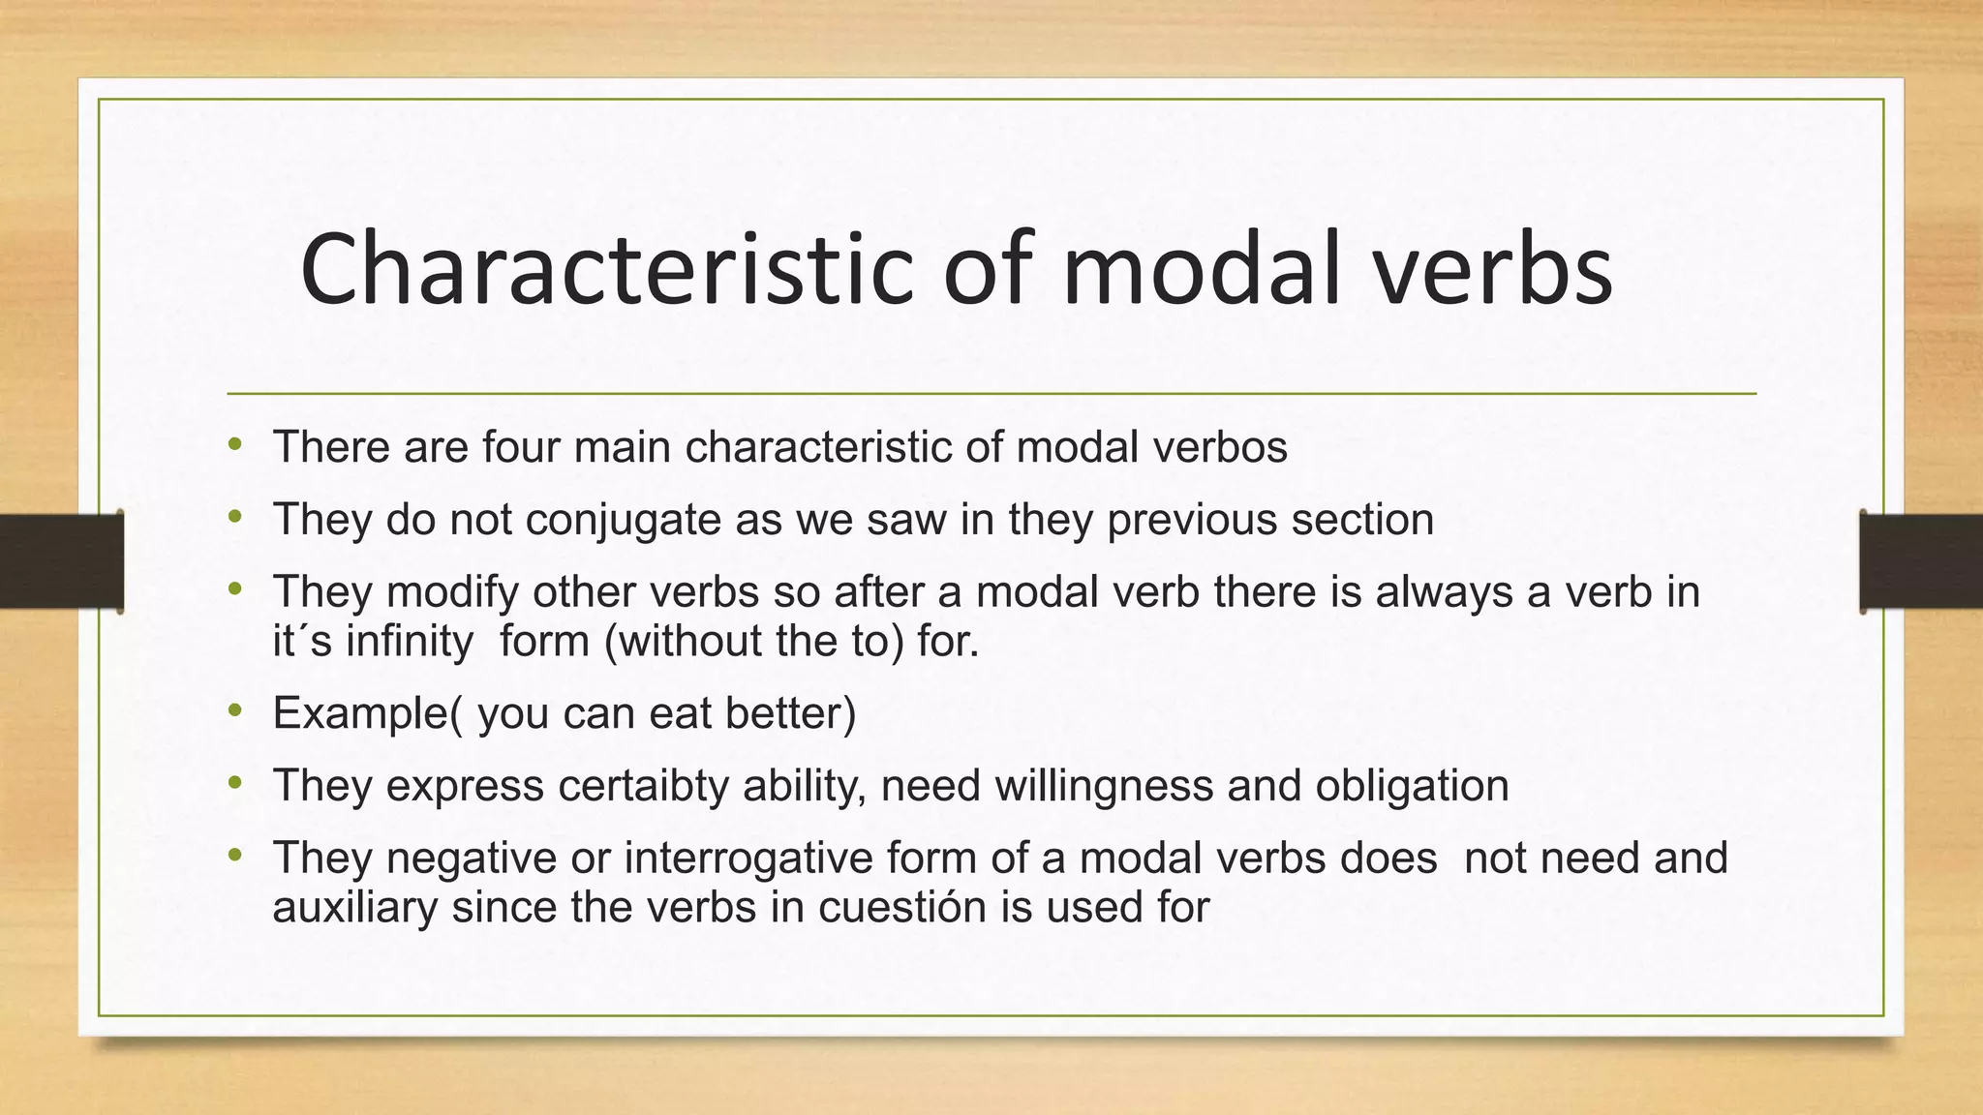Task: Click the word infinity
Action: [410, 641]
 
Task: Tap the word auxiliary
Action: [354, 907]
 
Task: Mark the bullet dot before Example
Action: [235, 712]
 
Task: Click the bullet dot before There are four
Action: [235, 446]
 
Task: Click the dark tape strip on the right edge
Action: [1921, 561]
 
